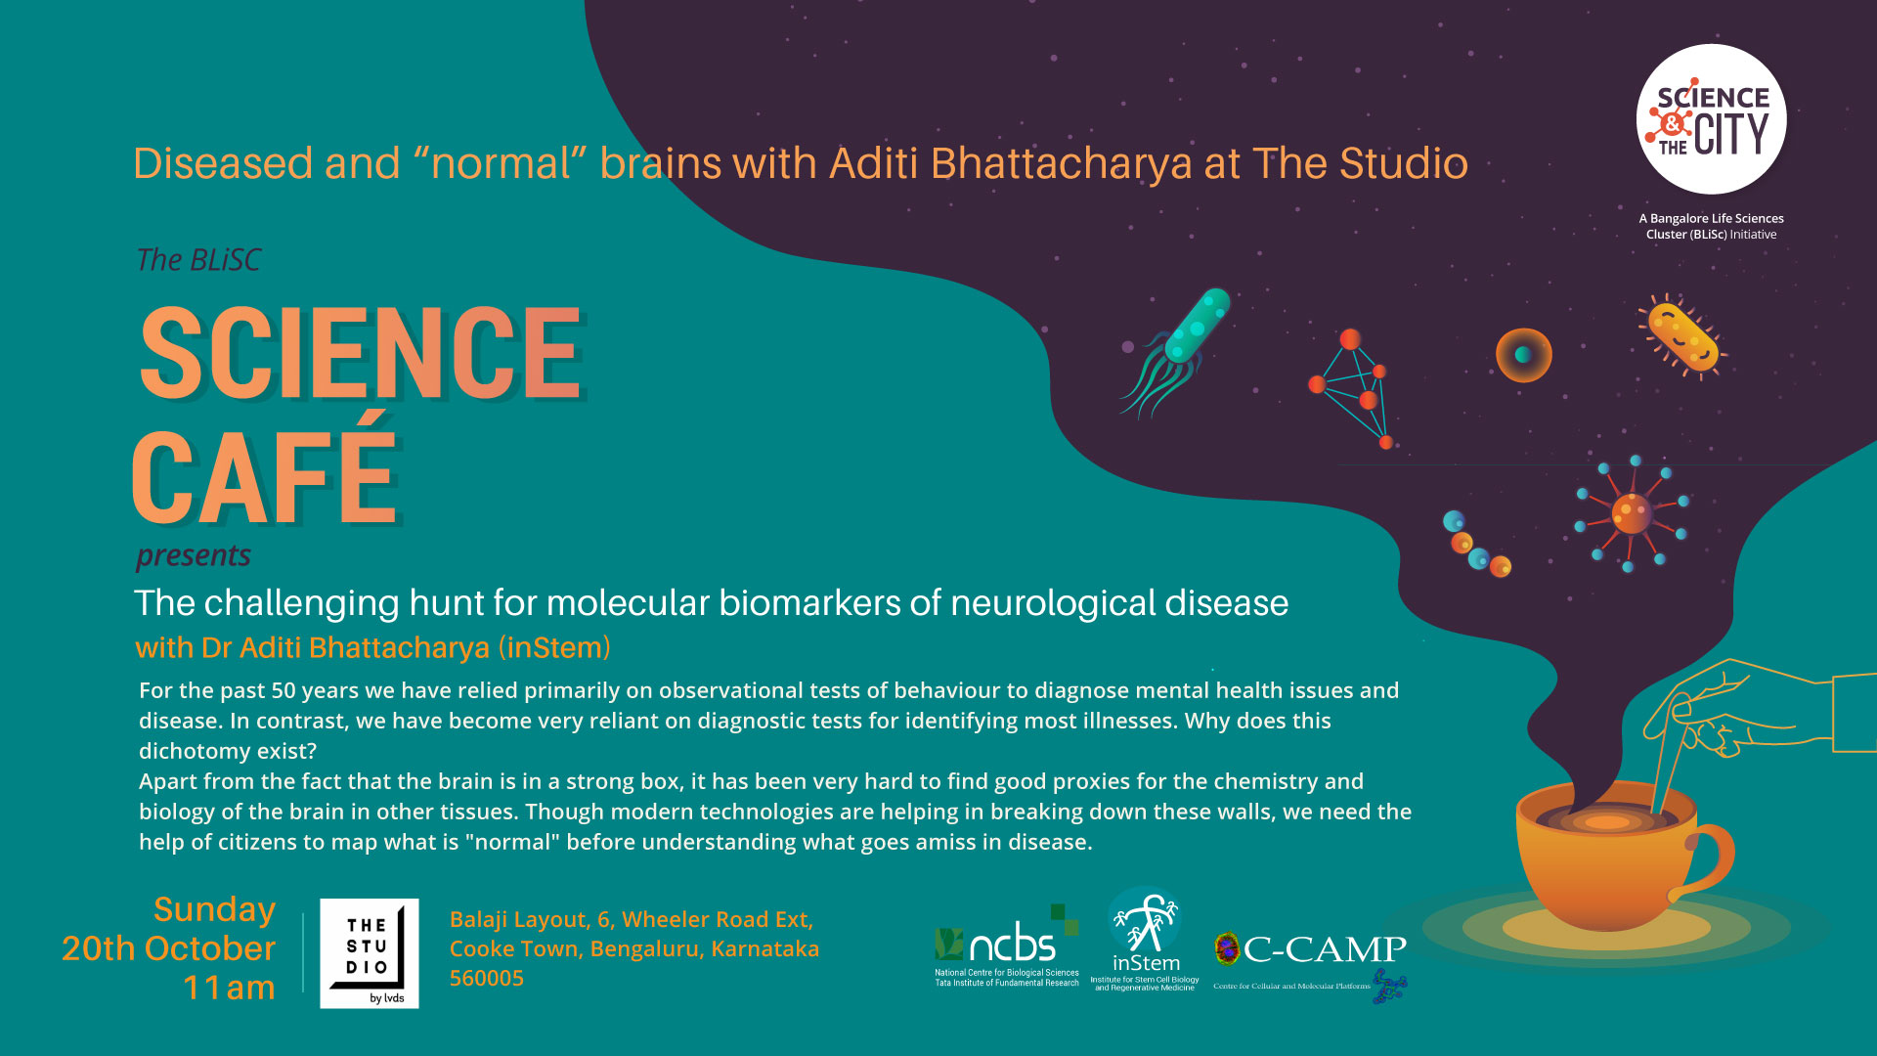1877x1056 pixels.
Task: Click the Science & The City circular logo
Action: [x=1711, y=119]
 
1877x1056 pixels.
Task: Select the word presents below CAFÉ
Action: [x=194, y=555]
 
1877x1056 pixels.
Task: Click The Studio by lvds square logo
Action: [x=370, y=953]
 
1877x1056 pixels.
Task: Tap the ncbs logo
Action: [x=1007, y=946]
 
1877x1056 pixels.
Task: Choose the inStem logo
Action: [x=1145, y=940]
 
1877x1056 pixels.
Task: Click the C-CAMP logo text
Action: [x=1324, y=948]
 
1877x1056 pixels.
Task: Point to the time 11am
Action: [x=229, y=988]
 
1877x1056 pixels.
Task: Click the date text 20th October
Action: [x=168, y=948]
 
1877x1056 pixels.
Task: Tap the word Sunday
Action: [x=214, y=910]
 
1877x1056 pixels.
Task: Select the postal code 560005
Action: [x=487, y=978]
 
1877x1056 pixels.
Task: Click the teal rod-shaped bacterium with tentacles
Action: [x=1176, y=350]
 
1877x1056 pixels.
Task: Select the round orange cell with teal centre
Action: [x=1523, y=355]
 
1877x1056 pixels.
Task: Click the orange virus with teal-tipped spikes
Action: [x=1631, y=513]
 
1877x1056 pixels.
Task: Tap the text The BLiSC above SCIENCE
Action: [x=198, y=260]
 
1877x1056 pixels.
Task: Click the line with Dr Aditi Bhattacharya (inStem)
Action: [x=372, y=648]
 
